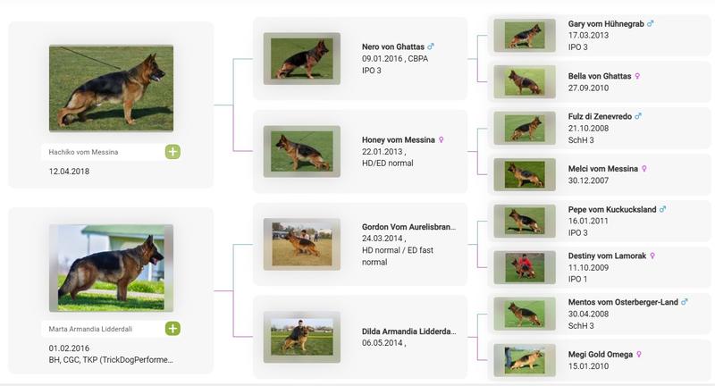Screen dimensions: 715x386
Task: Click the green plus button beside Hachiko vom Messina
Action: pos(172,152)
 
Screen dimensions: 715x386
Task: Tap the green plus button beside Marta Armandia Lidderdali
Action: pos(172,329)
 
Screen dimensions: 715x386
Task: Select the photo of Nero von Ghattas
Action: pos(302,58)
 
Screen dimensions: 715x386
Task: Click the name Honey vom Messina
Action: pos(398,140)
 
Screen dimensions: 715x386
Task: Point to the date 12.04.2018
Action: pos(69,172)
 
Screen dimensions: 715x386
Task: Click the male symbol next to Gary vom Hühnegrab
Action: pos(651,23)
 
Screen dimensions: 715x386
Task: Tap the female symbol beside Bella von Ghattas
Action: pos(637,76)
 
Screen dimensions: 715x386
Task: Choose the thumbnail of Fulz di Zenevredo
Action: pos(525,128)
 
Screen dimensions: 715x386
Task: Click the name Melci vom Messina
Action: pos(602,169)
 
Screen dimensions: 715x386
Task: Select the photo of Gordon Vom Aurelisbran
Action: pos(302,244)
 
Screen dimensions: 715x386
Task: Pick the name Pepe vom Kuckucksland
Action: pos(612,210)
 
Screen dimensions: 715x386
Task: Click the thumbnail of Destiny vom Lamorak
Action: pos(525,267)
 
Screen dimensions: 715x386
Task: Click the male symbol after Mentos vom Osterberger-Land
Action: pos(685,302)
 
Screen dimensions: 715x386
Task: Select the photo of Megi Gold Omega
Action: pos(525,360)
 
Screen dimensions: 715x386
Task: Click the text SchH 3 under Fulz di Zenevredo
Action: pos(581,140)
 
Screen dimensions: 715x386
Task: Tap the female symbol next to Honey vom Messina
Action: pos(441,140)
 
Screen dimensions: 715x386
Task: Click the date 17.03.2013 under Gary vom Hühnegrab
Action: pos(588,36)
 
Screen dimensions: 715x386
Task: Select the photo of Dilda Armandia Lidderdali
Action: pos(302,337)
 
